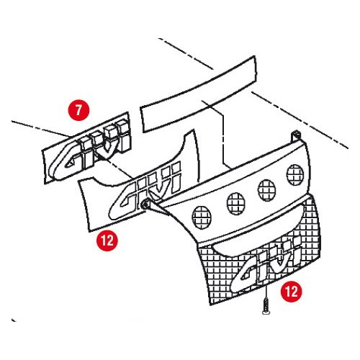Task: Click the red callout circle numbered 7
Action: (x=78, y=110)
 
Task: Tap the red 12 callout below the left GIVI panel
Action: (x=107, y=240)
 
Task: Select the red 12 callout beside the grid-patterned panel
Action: (x=292, y=292)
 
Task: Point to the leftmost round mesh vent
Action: (x=202, y=217)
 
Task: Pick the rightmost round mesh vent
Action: (x=295, y=175)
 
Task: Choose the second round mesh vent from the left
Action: (x=235, y=203)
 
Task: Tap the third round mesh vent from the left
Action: (x=266, y=190)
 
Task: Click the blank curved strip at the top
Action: (x=199, y=94)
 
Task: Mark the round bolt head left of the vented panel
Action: (x=145, y=204)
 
